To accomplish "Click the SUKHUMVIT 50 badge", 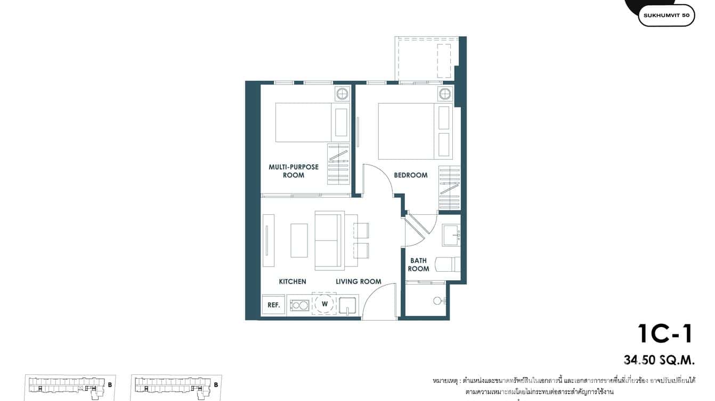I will click(x=666, y=15).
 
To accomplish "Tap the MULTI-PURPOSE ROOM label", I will click(x=294, y=171).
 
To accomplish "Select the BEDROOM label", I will click(x=410, y=175).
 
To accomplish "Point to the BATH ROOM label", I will click(x=418, y=265).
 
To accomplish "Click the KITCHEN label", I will click(x=292, y=281).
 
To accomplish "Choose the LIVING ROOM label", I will click(x=358, y=281).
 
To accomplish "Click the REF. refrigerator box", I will click(x=274, y=305).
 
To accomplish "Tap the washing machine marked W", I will click(x=324, y=304).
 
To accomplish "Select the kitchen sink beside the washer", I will click(x=347, y=306).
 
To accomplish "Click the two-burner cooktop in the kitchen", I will click(x=299, y=305).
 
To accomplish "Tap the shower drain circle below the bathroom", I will click(x=437, y=301).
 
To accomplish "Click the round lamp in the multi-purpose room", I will click(x=342, y=94).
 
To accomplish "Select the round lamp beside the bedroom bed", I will click(x=445, y=95).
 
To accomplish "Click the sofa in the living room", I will click(x=329, y=240).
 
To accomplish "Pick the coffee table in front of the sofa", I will click(x=299, y=240).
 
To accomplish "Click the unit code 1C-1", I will click(x=665, y=334).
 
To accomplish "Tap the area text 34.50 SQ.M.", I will click(x=659, y=360).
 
